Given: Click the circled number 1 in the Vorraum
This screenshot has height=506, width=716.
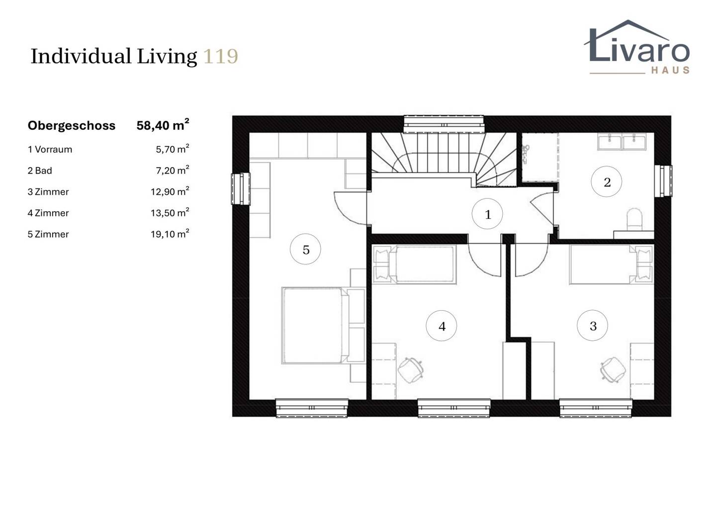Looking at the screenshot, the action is point(487,214).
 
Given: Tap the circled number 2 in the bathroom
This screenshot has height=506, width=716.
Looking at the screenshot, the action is point(607,182).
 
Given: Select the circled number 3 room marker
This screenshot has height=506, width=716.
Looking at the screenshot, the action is point(592,326).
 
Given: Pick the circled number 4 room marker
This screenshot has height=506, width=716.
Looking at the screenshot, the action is point(442,326).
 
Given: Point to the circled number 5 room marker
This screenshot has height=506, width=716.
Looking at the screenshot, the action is point(305,249).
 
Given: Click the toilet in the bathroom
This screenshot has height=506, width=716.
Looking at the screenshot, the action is point(634,220).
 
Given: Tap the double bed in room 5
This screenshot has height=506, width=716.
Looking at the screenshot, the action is point(323,326).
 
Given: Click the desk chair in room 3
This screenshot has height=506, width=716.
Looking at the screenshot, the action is point(613,369).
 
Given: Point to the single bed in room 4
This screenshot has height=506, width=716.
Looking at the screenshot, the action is point(415,264).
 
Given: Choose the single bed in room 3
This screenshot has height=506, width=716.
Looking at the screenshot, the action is point(611,264).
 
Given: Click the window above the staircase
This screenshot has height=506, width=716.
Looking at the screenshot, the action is point(444,124).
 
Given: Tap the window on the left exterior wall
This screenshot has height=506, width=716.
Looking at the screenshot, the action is point(241,189).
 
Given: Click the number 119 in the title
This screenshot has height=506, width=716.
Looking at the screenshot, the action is point(221,57).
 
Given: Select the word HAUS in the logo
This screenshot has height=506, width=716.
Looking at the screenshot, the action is point(670,70).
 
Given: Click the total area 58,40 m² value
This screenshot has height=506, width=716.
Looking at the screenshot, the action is point(163,125).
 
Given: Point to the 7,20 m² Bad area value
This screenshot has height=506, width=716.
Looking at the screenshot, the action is point(172,170).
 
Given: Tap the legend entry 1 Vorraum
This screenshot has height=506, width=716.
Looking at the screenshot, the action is point(50,149).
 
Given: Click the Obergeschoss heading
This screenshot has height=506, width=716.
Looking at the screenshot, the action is point(72,126).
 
